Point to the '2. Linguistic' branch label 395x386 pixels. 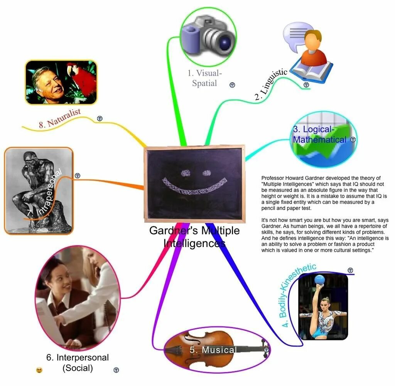[x=271, y=84]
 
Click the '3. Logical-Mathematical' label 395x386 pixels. [x=319, y=134]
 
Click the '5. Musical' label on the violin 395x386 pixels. [x=213, y=350]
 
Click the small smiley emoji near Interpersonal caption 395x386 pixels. [x=39, y=370]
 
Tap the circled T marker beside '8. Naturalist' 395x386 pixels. [x=100, y=119]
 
